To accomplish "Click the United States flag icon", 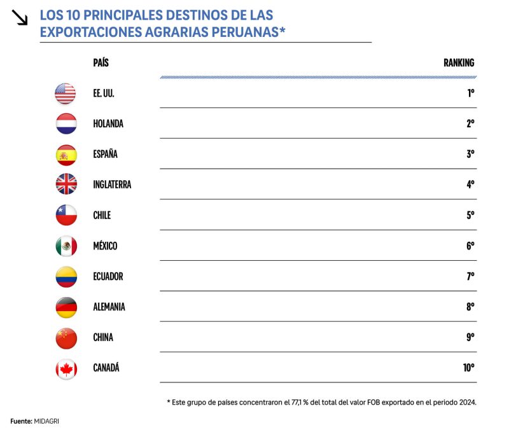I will [66, 94].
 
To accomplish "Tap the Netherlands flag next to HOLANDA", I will [66, 124].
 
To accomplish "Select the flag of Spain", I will [66, 155].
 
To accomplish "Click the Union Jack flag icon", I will [66, 185].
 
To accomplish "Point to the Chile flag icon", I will [66, 215].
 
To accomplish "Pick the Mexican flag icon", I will [66, 246].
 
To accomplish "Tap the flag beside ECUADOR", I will [66, 276].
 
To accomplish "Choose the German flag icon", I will [66, 307].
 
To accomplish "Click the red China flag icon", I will [66, 337].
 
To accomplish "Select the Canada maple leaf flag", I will [66, 368].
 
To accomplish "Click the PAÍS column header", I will [101, 63].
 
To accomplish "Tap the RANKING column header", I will [459, 63].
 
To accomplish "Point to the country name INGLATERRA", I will [112, 185].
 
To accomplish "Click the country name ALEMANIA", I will [109, 307].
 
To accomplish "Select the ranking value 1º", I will [470, 94].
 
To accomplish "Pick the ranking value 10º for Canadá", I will [468, 368].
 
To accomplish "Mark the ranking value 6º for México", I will [470, 246].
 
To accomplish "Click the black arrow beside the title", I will [20, 18].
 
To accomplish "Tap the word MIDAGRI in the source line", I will [46, 421].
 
